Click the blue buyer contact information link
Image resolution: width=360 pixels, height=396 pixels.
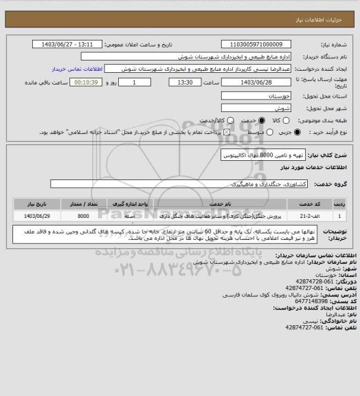[78, 69]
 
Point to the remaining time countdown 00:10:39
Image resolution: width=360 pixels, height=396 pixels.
[85, 82]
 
